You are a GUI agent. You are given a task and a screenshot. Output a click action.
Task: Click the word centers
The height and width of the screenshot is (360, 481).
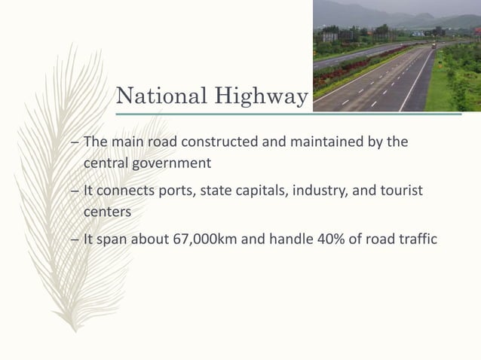107,212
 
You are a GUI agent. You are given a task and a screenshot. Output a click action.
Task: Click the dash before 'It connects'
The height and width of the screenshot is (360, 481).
74,192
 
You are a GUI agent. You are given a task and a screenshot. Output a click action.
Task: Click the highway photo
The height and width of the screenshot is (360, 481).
397,56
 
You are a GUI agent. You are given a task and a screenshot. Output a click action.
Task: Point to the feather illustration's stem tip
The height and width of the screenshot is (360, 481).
75,330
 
